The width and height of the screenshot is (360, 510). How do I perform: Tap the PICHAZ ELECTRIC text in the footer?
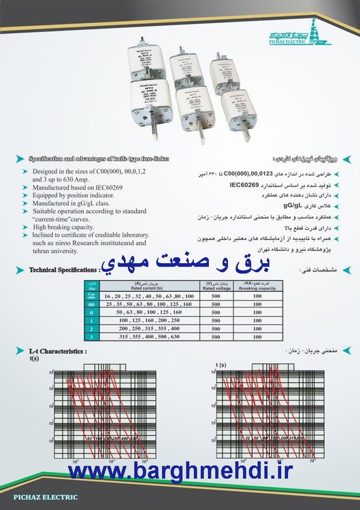[x=39, y=497]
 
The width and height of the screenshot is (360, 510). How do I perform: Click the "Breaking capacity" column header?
[x=257, y=285]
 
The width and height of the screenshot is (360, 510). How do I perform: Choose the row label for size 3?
[x=91, y=337]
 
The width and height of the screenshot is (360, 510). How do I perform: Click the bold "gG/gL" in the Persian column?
[x=295, y=203]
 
